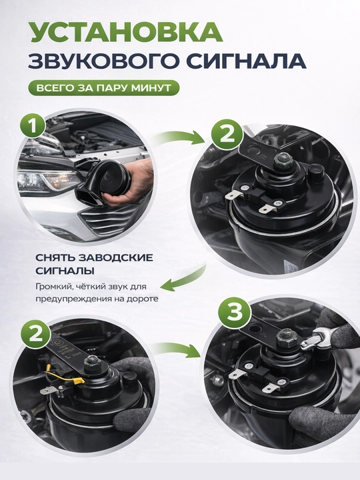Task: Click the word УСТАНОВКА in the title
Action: [126, 32]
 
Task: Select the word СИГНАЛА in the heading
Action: [245, 61]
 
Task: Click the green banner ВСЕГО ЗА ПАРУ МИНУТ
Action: [104, 88]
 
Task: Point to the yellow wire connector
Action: [79, 381]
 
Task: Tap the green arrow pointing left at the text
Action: [183, 280]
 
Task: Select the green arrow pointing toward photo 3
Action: [176, 349]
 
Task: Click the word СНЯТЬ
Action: [55, 258]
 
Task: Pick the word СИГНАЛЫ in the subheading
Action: [65, 271]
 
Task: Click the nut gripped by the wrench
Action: [287, 337]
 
